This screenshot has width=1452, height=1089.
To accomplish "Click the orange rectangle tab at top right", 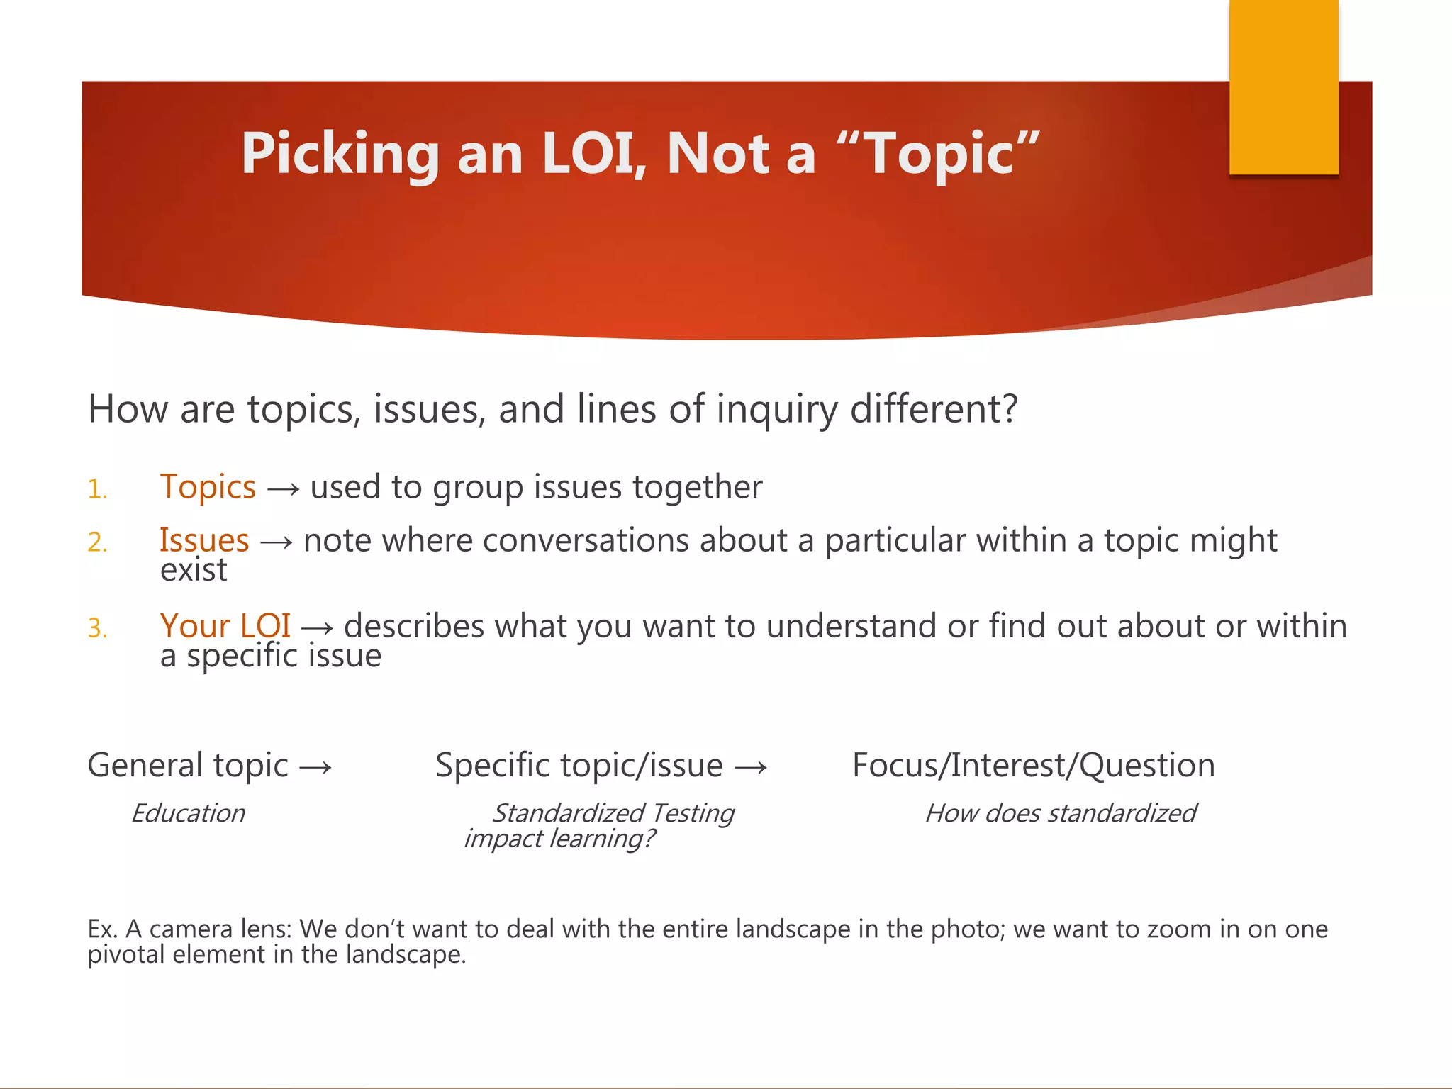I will coord(1283,86).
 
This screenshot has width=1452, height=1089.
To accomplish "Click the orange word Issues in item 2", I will coord(204,541).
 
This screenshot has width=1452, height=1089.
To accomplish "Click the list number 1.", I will coord(97,490).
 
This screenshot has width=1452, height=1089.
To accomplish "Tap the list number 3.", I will coord(97,629).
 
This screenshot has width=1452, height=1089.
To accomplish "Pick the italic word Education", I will coord(188,813).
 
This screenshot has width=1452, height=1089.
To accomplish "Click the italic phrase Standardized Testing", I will coord(613,813).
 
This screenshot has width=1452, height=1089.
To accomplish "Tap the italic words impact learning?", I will coord(559,839).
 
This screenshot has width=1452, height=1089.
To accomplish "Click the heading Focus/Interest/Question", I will coord(1033,766).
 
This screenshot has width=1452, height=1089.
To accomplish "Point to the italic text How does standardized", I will coord(1061,813).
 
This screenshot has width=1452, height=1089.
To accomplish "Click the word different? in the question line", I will coord(934,410).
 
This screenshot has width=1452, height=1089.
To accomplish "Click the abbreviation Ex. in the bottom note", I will coord(102,929).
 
